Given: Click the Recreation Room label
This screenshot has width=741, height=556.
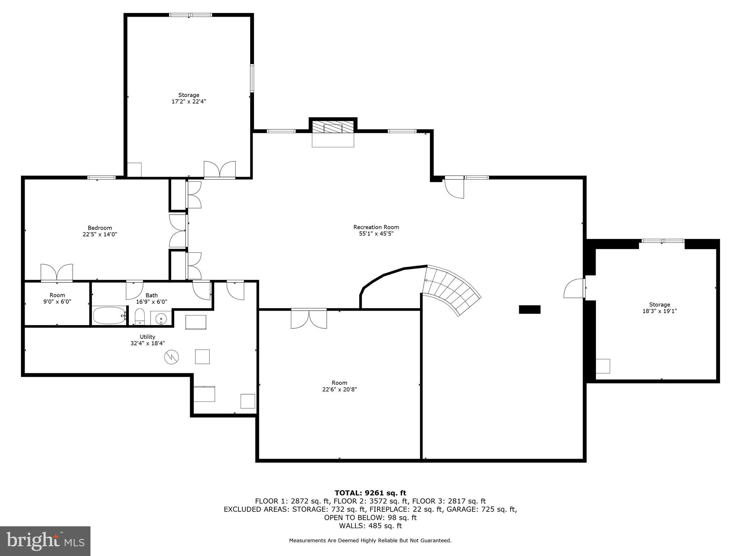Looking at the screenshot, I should [x=376, y=227].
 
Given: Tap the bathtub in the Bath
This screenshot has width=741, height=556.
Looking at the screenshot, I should [x=109, y=316].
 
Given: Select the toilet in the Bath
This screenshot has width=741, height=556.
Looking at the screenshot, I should [x=140, y=317].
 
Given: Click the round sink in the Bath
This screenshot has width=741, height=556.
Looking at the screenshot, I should [x=161, y=319].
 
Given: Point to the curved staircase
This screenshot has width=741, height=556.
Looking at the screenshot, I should [x=452, y=290].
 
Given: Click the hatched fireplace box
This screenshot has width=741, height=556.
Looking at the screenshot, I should [x=333, y=127].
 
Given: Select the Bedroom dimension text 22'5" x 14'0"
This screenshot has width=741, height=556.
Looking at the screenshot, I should [x=100, y=234].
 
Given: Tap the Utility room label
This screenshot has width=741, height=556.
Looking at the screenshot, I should [x=147, y=337].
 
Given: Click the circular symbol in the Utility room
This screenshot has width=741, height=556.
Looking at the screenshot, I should [x=172, y=357].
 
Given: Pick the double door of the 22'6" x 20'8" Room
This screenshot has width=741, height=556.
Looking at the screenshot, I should [x=309, y=319].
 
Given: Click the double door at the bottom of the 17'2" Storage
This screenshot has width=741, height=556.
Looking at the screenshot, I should [x=220, y=170].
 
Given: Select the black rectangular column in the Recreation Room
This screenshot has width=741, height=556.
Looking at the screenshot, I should [x=529, y=309].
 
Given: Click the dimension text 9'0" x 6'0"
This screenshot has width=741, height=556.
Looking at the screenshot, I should [x=57, y=302].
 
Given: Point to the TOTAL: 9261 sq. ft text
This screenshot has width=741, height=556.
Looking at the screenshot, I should [x=370, y=493].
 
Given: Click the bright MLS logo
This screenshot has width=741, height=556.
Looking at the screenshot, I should [x=45, y=541].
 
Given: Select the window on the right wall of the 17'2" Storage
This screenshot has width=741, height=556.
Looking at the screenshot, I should [x=252, y=78].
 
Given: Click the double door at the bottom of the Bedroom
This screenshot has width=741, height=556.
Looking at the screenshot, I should [x=57, y=273].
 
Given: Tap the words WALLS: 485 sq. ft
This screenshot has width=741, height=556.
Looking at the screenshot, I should [x=370, y=526].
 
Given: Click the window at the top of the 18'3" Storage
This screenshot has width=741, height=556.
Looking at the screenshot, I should [x=662, y=241].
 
